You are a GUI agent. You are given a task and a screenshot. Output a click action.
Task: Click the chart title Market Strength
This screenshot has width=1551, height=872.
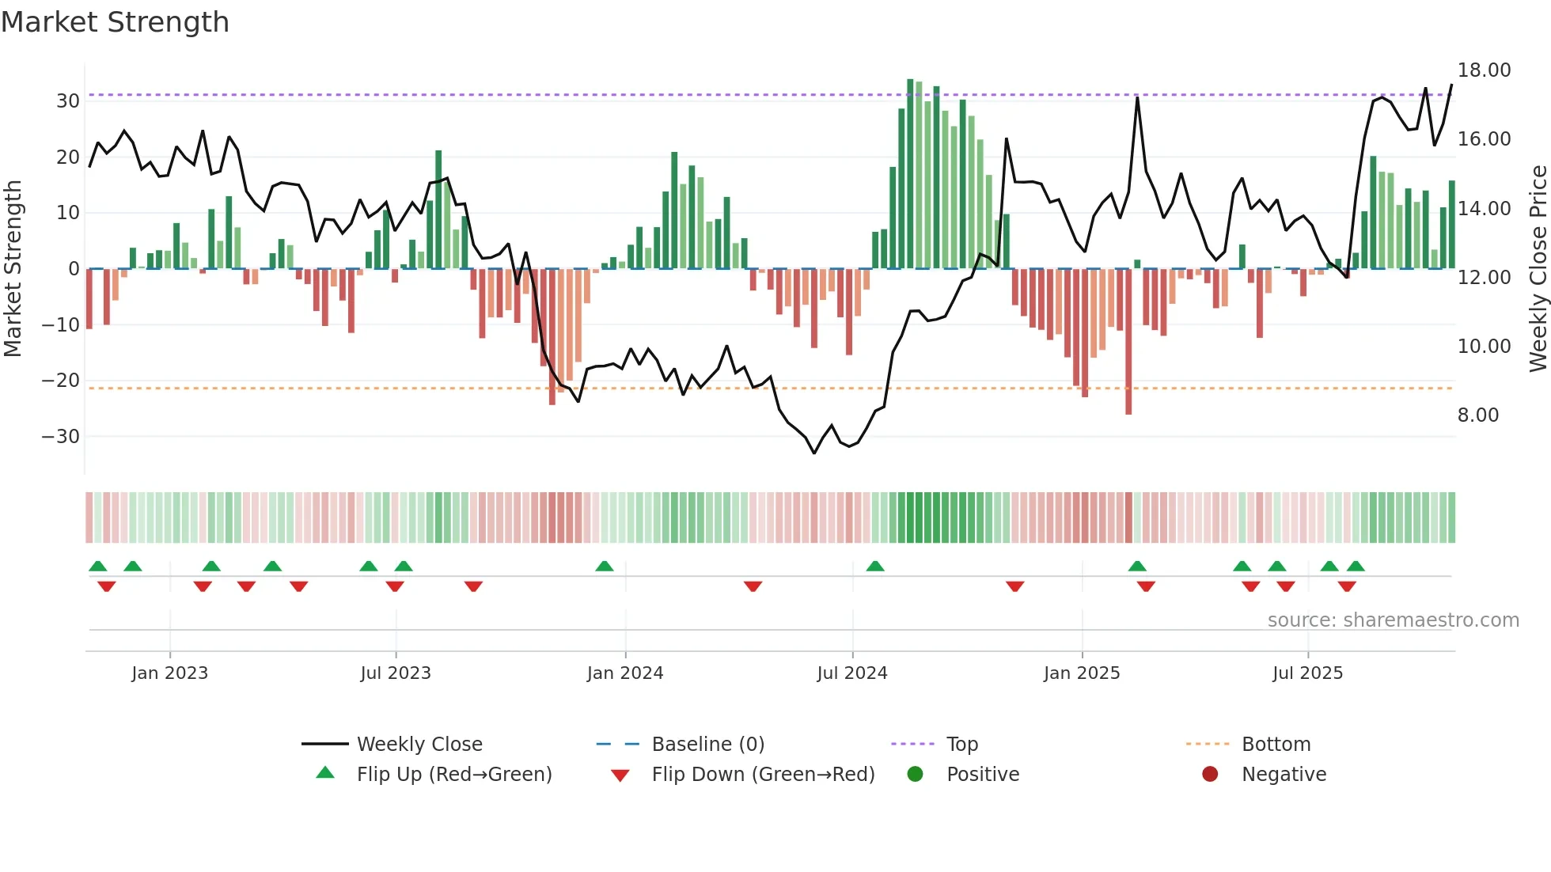[115, 22]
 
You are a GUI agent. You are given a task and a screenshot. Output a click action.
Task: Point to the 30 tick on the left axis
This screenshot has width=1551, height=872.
[67, 101]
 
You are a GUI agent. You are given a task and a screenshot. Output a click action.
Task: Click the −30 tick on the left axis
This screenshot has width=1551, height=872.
[61, 437]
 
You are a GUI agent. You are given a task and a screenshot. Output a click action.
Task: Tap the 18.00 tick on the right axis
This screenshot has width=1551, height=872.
[1484, 70]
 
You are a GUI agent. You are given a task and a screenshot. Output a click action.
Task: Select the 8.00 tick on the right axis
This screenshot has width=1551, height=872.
[1477, 415]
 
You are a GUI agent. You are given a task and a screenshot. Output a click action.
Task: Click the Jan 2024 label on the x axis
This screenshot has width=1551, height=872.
[624, 673]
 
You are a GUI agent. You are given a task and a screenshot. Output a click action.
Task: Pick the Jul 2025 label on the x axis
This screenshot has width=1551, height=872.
[1307, 673]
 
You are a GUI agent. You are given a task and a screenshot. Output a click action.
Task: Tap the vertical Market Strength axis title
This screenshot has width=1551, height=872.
[13, 269]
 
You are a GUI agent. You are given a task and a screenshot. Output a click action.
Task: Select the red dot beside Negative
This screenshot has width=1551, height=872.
[1209, 775]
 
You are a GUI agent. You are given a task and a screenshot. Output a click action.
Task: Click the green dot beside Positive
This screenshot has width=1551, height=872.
[915, 775]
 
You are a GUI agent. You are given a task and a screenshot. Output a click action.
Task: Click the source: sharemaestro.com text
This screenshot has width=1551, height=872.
[1393, 620]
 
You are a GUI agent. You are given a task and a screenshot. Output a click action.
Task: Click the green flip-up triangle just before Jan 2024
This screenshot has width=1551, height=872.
[605, 567]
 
